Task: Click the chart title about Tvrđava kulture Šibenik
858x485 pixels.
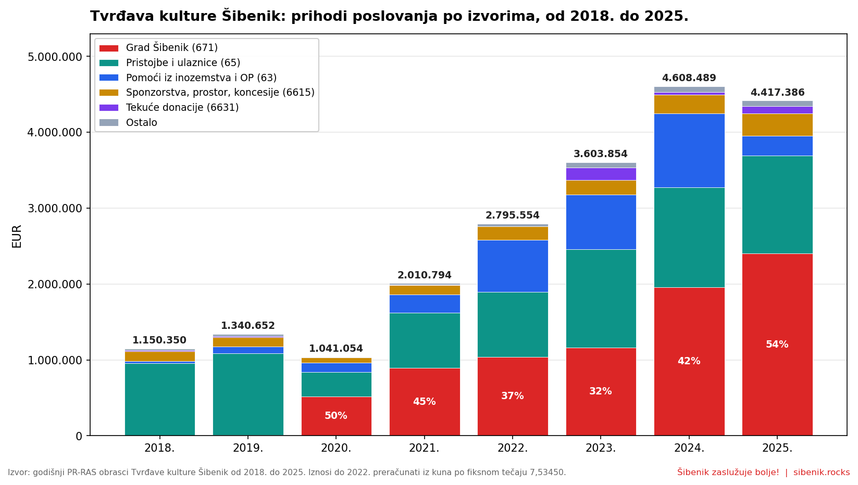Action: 389,16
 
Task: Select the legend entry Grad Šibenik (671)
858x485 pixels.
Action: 171,48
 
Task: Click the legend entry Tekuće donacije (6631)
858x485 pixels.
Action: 182,108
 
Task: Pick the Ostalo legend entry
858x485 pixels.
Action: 141,123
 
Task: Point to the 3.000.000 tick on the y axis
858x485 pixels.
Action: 55,209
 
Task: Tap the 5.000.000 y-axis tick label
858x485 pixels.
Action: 55,57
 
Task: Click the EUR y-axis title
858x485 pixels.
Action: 17,236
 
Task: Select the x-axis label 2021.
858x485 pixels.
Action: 424,448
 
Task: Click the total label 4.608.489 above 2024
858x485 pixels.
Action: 689,78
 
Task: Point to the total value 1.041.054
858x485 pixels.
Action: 335,349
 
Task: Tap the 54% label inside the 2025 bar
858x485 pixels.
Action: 777,344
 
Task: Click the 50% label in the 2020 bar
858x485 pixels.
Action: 335,416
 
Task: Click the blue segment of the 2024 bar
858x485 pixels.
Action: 689,150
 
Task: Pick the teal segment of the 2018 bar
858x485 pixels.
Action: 159,399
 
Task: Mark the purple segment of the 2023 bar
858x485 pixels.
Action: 601,174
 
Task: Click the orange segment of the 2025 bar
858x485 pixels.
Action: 777,125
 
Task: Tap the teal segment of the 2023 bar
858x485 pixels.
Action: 601,298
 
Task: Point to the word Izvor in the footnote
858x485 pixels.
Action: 17,473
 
